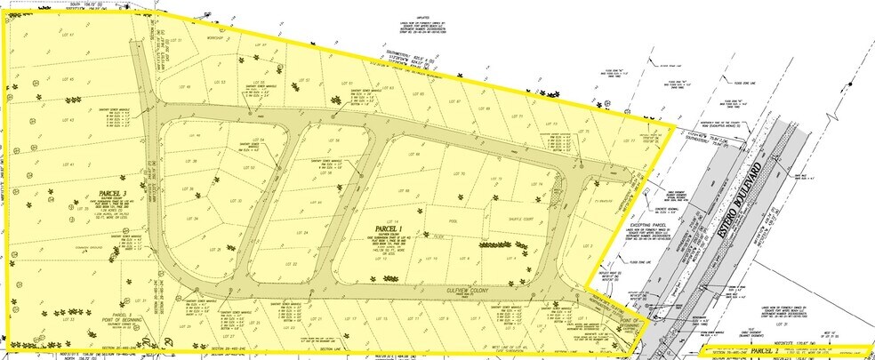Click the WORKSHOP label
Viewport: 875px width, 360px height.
(x=212, y=39)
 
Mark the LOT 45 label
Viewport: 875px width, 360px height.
(x=68, y=79)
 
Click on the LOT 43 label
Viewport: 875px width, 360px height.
(x=68, y=120)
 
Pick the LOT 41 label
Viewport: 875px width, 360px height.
(x=68, y=164)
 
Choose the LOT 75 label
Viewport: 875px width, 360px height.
(x=586, y=132)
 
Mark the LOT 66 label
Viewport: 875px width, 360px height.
(x=417, y=155)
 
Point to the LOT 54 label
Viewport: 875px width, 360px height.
(x=261, y=140)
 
